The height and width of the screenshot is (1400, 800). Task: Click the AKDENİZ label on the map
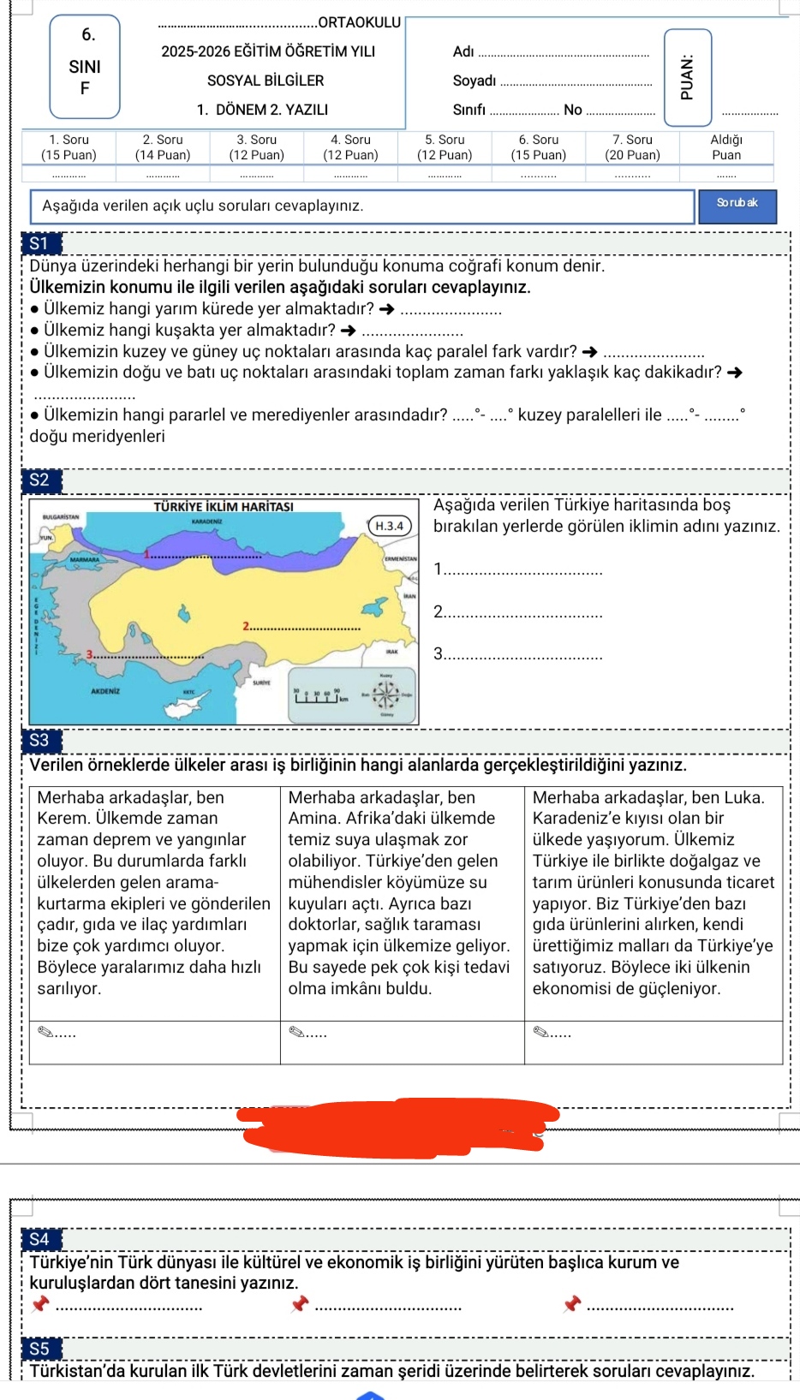[x=104, y=690]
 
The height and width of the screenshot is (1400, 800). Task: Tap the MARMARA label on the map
[x=84, y=559]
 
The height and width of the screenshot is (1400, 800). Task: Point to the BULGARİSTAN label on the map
[x=60, y=517]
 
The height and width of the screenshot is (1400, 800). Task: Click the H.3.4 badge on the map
[x=389, y=526]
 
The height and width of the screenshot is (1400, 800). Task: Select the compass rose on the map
[x=385, y=694]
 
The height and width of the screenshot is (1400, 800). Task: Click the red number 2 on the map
[x=246, y=626]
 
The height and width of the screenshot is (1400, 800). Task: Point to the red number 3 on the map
[x=89, y=654]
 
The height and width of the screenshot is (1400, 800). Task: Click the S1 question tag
[x=39, y=244]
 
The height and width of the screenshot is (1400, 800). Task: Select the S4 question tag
[x=39, y=1239]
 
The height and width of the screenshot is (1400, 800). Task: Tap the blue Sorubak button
[x=737, y=204]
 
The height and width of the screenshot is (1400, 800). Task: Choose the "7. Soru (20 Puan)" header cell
[x=632, y=147]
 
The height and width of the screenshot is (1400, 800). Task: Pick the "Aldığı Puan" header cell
[x=726, y=147]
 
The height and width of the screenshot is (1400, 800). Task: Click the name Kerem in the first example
[x=63, y=819]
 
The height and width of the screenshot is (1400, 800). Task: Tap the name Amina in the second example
[x=314, y=819]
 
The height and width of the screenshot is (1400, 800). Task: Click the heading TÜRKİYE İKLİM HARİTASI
[x=224, y=507]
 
